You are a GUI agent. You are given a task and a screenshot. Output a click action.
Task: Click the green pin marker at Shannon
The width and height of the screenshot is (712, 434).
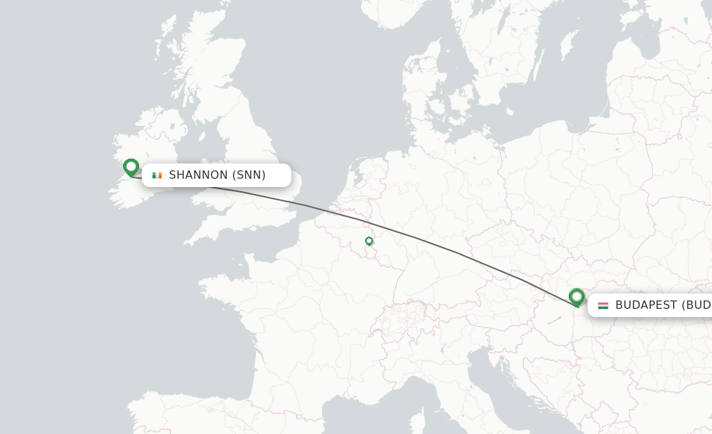pos(131,167)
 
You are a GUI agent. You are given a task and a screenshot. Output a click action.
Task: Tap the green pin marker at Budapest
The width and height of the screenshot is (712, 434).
pos(576,297)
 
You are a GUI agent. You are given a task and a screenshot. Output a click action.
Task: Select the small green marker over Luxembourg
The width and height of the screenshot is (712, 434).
pos(369,241)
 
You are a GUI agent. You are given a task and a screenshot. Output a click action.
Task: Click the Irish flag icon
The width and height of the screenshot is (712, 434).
pos(157,175)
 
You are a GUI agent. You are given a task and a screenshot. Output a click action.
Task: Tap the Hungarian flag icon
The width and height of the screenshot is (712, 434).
pos(603,305)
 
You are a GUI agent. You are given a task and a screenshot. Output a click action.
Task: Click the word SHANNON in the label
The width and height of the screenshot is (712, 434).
pos(198,175)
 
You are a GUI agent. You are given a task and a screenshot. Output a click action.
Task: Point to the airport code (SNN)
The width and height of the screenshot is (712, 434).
pos(249,175)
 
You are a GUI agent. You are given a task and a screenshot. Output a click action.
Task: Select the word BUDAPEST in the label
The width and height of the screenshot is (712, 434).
pos(646,305)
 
